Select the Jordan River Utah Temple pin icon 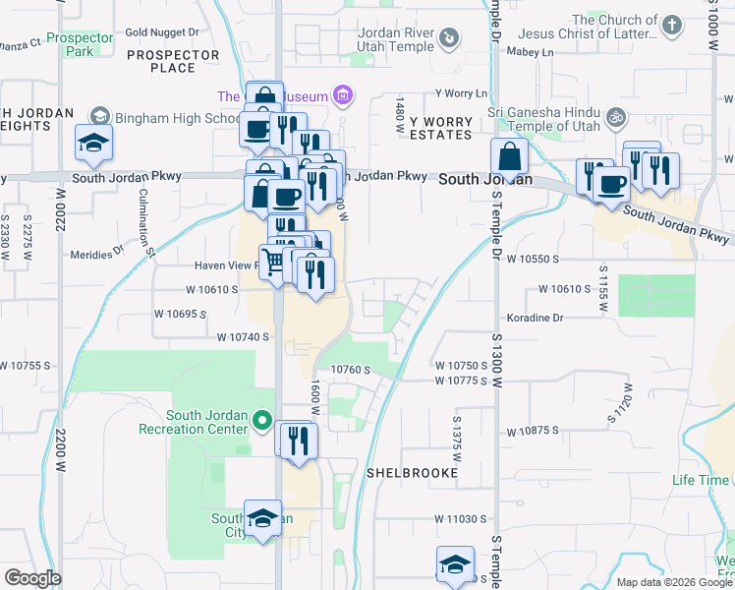coord(449,37)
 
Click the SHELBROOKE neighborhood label coord(413,473)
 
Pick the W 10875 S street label coord(533,432)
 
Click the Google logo coord(32,578)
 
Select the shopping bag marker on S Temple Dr coord(510,156)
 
